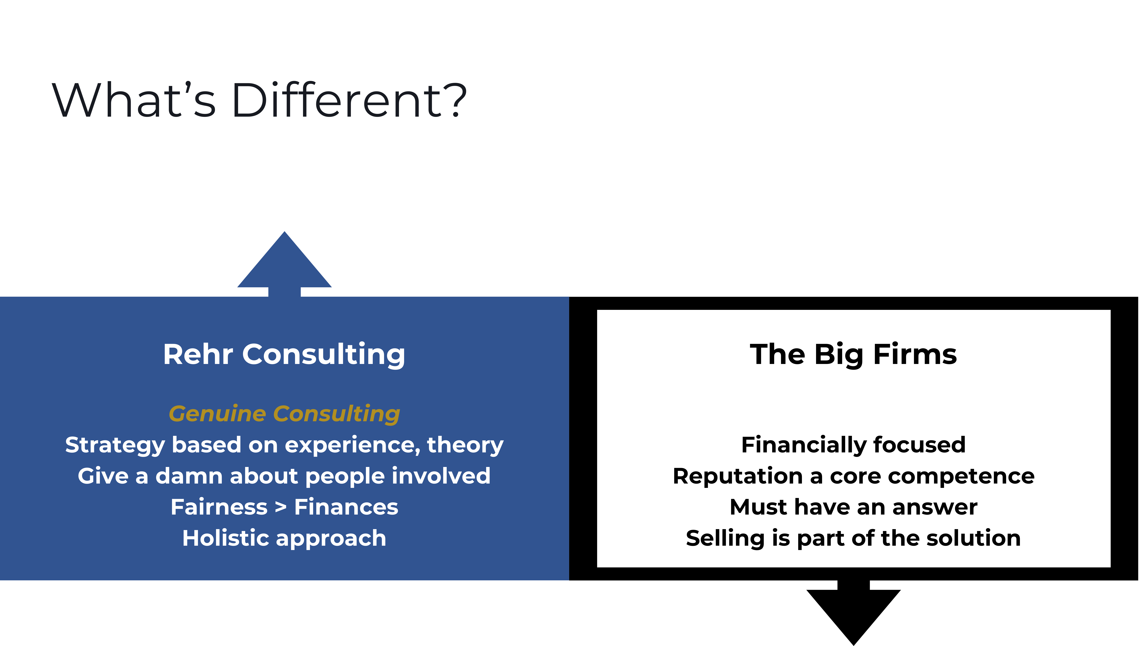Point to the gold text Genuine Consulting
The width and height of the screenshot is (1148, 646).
(x=284, y=414)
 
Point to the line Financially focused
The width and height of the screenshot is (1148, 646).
(x=853, y=445)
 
